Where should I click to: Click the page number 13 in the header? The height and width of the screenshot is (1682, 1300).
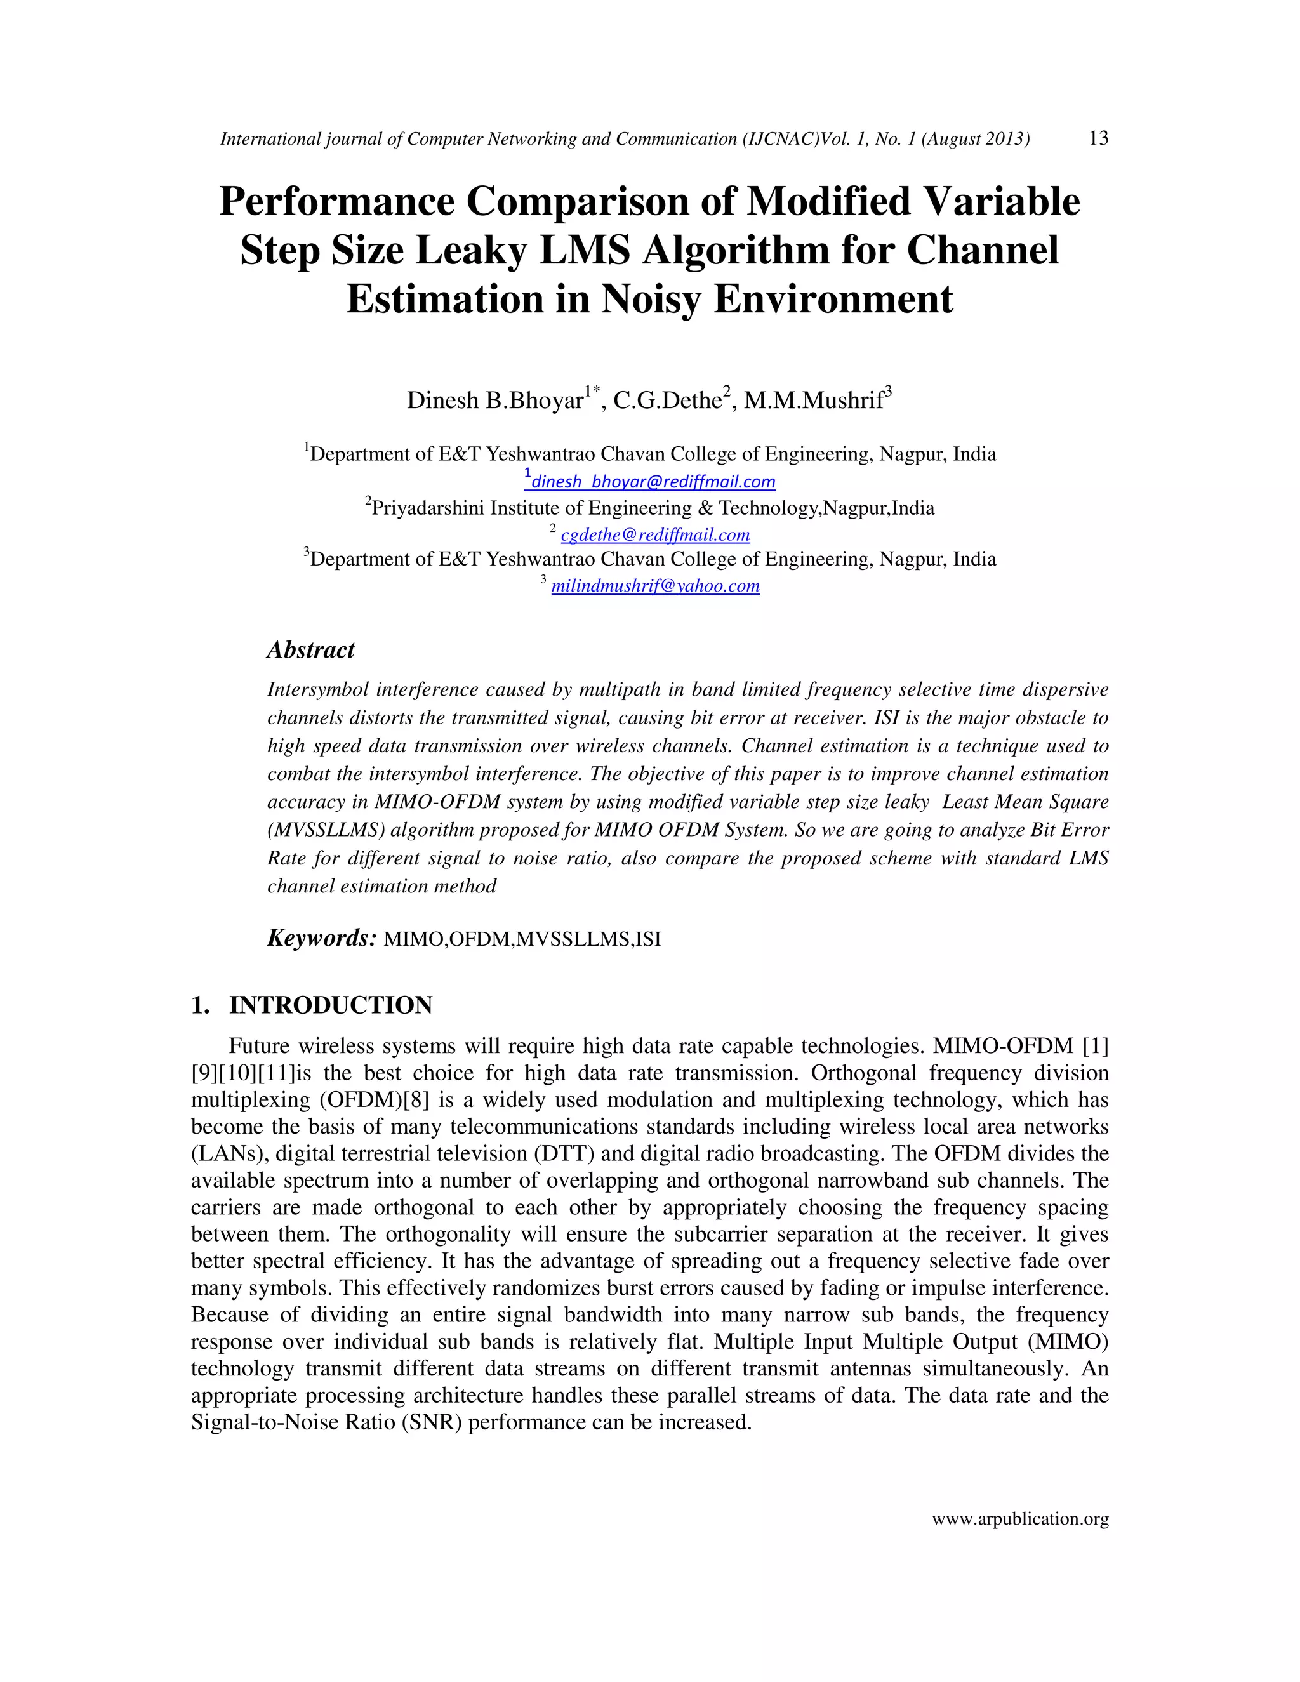[x=1098, y=138]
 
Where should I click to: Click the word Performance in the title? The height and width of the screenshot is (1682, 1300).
[x=336, y=202]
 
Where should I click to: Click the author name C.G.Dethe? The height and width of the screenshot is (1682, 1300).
[x=667, y=401]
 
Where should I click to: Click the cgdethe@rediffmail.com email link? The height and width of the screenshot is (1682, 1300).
[x=654, y=535]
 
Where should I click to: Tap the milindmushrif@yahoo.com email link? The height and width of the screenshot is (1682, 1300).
[x=655, y=586]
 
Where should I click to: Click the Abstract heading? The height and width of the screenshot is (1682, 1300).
[x=310, y=650]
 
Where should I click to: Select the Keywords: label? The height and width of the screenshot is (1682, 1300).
[x=321, y=938]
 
